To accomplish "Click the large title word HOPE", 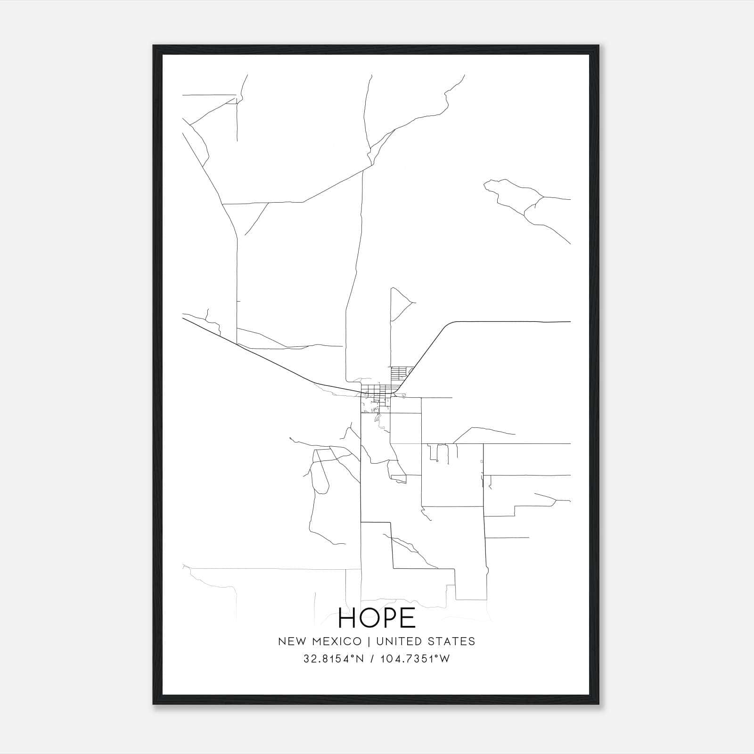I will point(377,618).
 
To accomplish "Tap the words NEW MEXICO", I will point(320,641).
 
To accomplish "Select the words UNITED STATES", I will point(424,641).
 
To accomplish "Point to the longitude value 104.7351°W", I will point(416,659).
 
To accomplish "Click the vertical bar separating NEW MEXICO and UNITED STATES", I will point(368,641).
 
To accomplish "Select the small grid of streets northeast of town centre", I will point(399,373).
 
